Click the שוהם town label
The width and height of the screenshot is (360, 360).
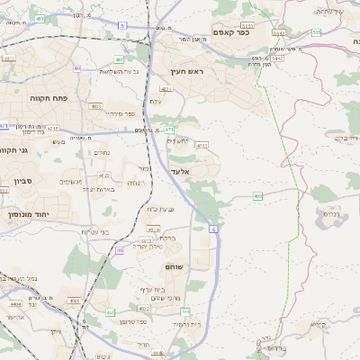coord(173,267)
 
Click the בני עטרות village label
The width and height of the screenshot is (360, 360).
coord(95,232)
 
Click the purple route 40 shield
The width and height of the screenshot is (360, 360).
coord(77,67)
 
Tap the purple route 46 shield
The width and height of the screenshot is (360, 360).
coord(119,251)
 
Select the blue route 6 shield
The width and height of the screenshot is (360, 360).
coord(213,230)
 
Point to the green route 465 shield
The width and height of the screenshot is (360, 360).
coord(258,195)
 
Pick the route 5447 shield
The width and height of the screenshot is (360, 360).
coord(278,57)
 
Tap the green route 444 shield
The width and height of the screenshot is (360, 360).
coord(185,310)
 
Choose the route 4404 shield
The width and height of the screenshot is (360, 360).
coord(15,305)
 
